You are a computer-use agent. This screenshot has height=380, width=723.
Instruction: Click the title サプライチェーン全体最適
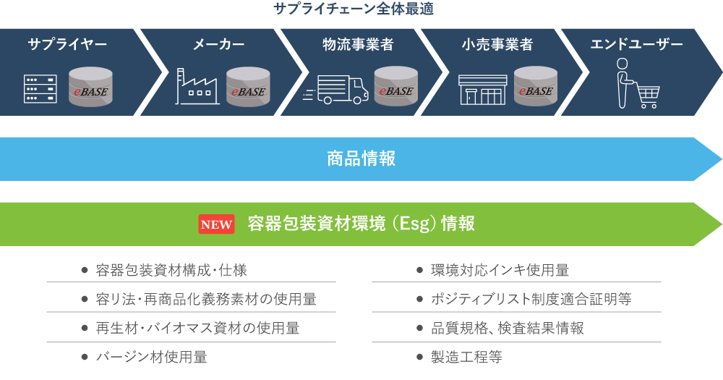tap(354, 8)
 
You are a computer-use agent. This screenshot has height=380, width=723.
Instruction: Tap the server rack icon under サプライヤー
tap(40, 88)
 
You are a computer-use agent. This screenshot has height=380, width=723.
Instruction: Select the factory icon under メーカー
tap(197, 86)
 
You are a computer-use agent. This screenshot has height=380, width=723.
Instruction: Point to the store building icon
tap(483, 90)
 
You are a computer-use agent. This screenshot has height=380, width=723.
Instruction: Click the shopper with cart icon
tap(638, 83)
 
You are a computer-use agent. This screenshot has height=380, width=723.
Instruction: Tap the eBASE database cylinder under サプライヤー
tap(90, 87)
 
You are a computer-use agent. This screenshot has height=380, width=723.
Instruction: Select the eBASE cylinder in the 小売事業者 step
tap(535, 86)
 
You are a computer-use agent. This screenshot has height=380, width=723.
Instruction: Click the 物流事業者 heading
tap(359, 44)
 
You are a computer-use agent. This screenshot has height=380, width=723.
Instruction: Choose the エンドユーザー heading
tap(636, 44)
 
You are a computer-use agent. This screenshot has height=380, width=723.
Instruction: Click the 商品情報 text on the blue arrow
tap(361, 159)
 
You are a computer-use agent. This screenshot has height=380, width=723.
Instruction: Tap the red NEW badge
tap(216, 224)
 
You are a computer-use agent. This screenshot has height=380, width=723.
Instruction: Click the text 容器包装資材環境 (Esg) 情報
tap(361, 224)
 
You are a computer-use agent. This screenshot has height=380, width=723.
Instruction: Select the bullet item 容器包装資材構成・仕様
tap(171, 270)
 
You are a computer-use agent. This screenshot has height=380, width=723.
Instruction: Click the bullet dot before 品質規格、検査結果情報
tap(419, 329)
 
